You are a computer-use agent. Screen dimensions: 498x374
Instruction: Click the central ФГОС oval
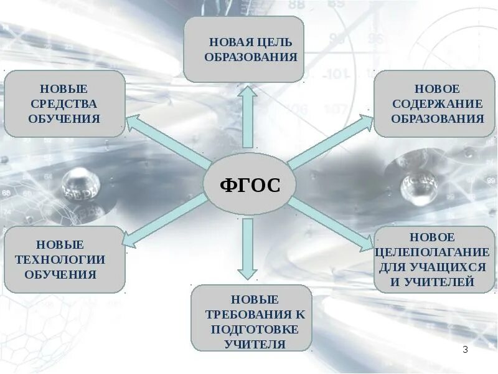249,185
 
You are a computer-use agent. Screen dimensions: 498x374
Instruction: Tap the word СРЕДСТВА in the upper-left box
64,103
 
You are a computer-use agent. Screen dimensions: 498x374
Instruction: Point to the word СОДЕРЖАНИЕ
437,103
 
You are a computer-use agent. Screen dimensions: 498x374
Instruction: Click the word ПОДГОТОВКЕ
254,329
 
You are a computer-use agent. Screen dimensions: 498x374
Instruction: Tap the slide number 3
465,350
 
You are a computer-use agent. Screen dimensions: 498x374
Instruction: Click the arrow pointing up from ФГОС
248,115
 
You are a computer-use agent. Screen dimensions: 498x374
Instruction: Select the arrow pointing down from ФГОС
248,249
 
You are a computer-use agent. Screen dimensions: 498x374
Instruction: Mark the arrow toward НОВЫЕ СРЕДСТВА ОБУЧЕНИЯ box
165,141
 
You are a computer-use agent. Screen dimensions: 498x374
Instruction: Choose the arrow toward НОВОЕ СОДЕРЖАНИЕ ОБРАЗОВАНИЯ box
330,142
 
